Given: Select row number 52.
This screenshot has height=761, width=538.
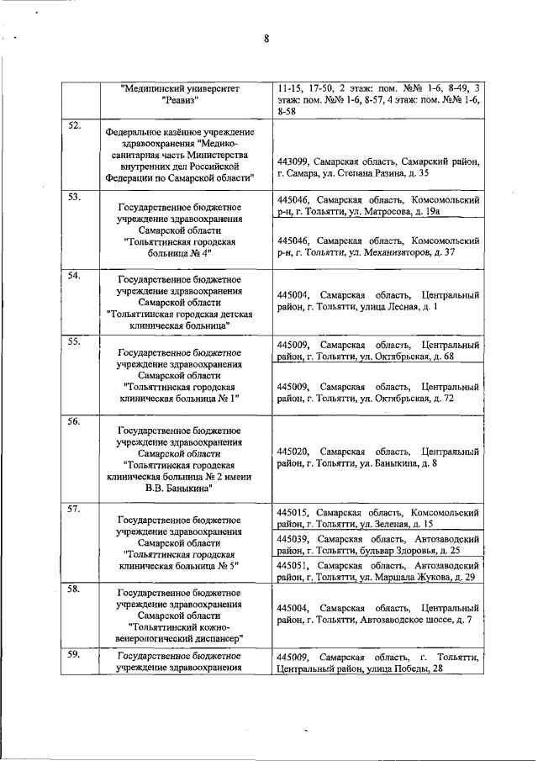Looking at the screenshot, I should coord(74,126).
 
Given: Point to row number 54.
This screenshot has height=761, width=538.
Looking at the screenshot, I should coord(74,277).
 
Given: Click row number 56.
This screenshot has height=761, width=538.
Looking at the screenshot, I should coord(74,421).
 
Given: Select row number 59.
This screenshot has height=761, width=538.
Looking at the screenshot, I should coord(74,655).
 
